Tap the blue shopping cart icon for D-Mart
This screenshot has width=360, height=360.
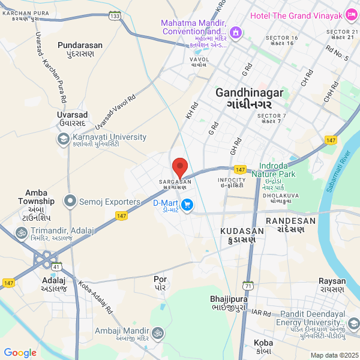(x=187, y=205)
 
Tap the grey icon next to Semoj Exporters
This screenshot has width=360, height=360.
(x=71, y=202)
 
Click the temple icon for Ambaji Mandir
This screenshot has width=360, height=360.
(x=158, y=331)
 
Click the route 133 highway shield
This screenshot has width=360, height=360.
(x=115, y=16)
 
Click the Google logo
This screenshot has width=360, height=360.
(x=20, y=353)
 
